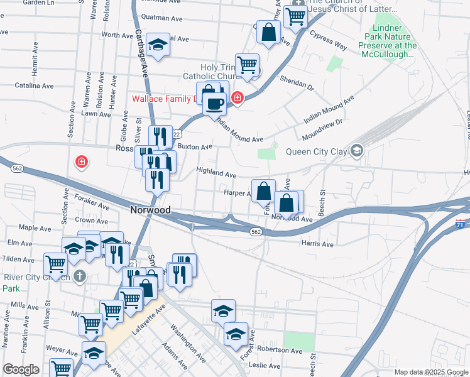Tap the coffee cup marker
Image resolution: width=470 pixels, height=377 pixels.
pyautogui.click(x=215, y=102)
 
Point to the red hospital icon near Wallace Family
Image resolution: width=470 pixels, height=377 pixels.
pyautogui.click(x=237, y=97)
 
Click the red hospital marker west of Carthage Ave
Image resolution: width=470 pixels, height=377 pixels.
pyautogui.click(x=81, y=163)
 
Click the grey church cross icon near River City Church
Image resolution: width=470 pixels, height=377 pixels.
pyautogui.click(x=79, y=275)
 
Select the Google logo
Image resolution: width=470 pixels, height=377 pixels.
pyautogui.click(x=21, y=369)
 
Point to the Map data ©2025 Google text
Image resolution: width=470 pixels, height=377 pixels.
pyautogui.click(x=426, y=372)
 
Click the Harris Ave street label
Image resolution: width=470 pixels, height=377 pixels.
pyautogui.click(x=317, y=243)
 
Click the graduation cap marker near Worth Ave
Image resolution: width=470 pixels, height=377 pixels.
pyautogui.click(x=158, y=44)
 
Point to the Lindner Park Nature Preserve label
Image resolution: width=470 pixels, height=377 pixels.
pyautogui.click(x=388, y=41)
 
